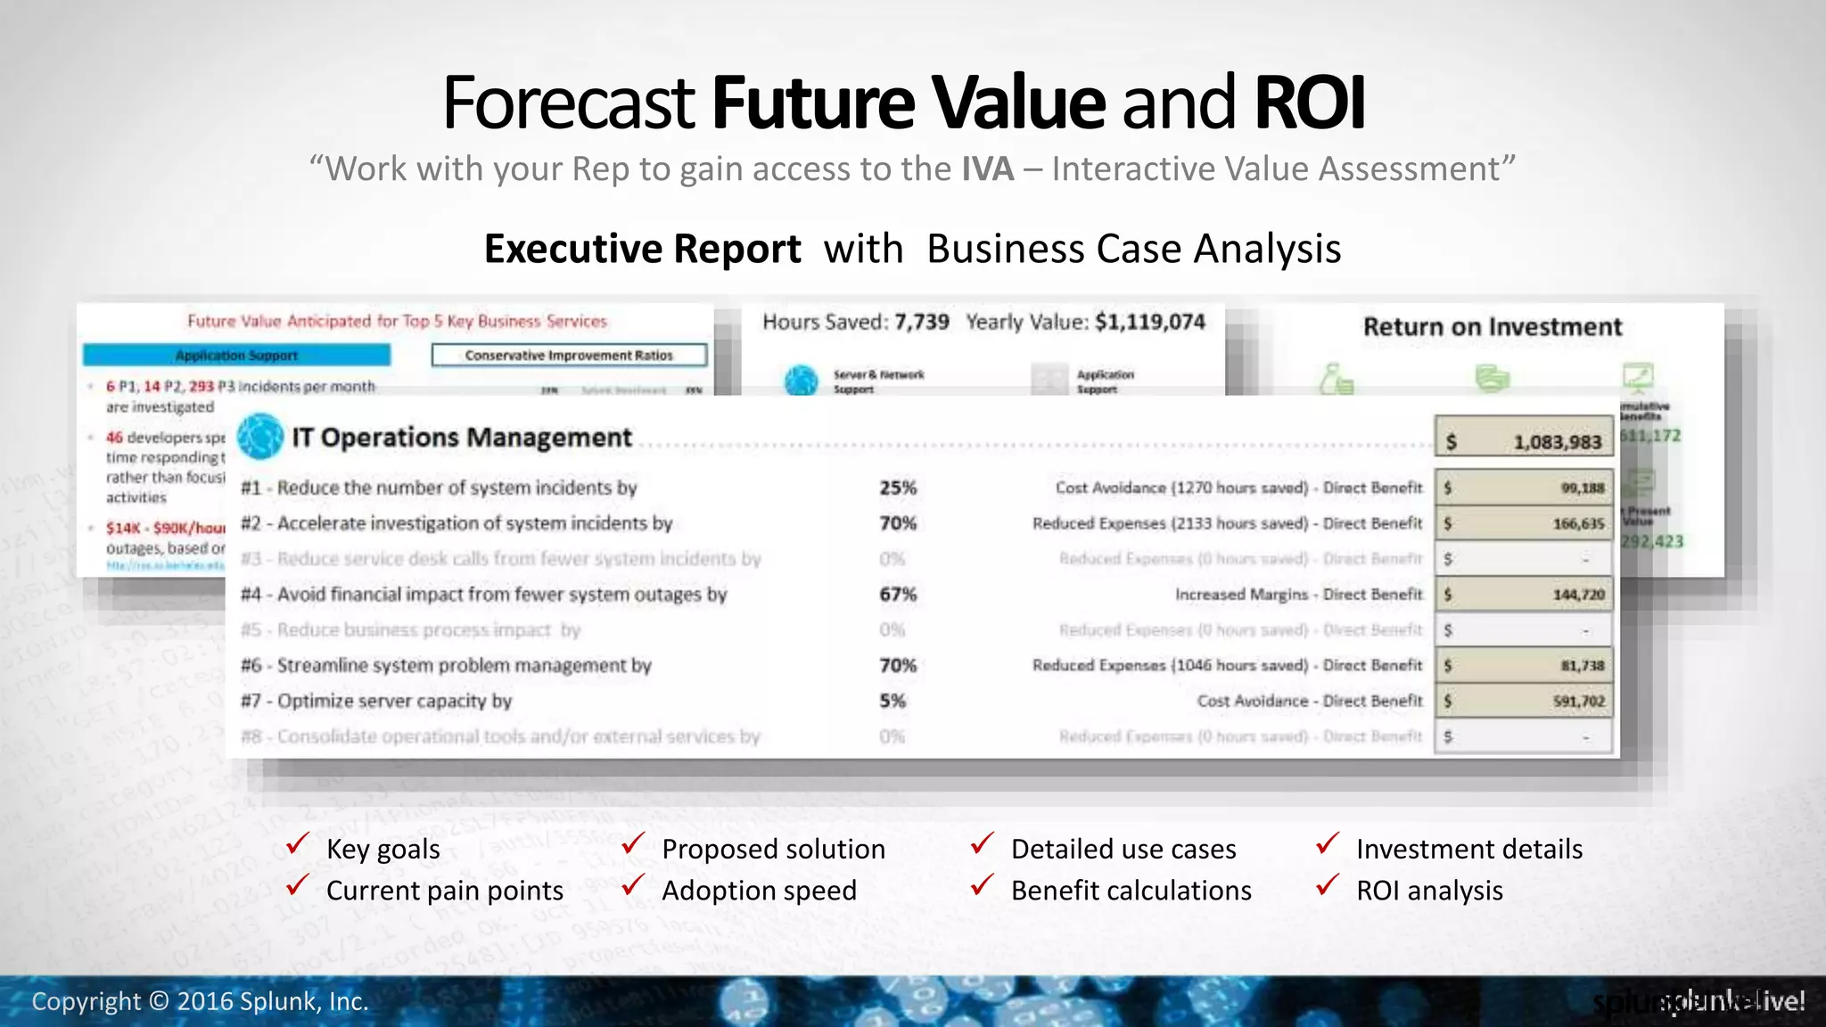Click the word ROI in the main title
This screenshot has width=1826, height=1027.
[1309, 103]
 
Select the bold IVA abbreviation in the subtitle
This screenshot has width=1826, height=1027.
[987, 169]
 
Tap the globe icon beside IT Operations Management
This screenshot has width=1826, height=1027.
[260, 436]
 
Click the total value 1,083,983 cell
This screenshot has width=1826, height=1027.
[1524, 441]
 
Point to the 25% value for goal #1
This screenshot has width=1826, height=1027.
[897, 488]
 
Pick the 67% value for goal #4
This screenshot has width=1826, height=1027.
[897, 595]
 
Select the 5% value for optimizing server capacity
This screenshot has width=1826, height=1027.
[892, 701]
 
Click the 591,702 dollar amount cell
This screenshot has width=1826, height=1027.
[1524, 702]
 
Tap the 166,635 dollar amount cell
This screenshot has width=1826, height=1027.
[1524, 523]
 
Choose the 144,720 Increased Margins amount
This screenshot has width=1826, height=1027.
[1524, 595]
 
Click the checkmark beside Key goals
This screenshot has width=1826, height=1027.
[298, 843]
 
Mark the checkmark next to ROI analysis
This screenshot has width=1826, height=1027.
[1328, 885]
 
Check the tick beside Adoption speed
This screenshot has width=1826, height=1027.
[633, 885]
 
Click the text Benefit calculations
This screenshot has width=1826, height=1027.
[1131, 891]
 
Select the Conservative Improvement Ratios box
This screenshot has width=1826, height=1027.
[569, 356]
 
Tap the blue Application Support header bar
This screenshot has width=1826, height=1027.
[236, 356]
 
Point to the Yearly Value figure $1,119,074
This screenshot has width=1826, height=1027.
[1149, 322]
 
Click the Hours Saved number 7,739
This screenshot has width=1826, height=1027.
[921, 322]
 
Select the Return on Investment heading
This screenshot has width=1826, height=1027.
[1492, 327]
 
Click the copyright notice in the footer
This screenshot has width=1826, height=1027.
[200, 1002]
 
